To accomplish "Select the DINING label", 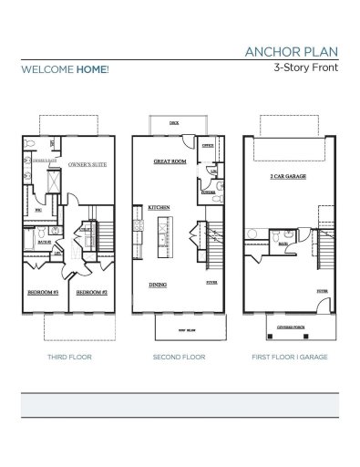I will pos(159,285).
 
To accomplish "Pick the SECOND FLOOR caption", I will pos(179,358).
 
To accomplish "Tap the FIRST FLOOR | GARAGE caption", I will pos(289,358).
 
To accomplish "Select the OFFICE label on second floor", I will pos(208,145).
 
